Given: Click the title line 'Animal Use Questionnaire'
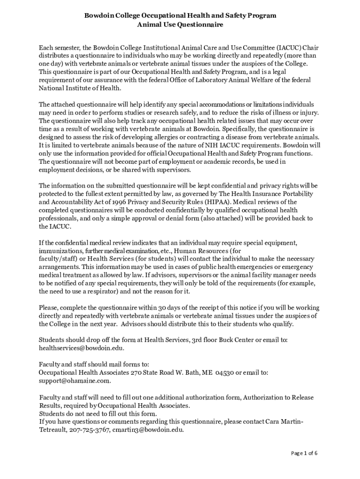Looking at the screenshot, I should coord(180,25).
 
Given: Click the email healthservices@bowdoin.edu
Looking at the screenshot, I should coord(81,348).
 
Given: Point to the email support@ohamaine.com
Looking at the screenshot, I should coord(74,380).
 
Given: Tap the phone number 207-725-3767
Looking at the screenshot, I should coord(89,430).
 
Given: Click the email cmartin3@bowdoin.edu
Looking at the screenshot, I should coord(148,430).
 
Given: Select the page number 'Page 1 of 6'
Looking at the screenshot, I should coord(304,453).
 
